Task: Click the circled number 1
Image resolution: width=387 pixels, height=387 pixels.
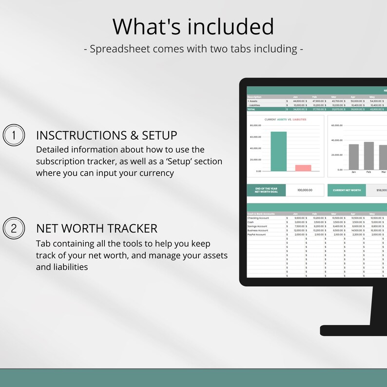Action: pyautogui.click(x=14, y=135)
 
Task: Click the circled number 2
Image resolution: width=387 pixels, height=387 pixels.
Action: pyautogui.click(x=14, y=229)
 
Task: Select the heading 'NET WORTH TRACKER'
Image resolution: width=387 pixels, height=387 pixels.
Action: pyautogui.click(x=97, y=229)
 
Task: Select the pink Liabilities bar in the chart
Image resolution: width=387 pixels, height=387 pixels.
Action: pyautogui.click(x=303, y=168)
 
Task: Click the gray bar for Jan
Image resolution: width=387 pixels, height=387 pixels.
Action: pyautogui.click(x=354, y=157)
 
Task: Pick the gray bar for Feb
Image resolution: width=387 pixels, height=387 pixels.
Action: pyautogui.click(x=369, y=156)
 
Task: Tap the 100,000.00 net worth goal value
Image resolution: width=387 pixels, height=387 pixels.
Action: pyautogui.click(x=304, y=190)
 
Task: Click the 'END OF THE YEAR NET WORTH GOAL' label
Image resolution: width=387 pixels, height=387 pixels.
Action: pyautogui.click(x=266, y=190)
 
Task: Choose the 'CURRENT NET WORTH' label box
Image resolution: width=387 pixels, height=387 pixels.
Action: pyautogui.click(x=347, y=190)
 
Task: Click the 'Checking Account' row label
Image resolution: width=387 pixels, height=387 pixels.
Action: pyautogui.click(x=258, y=218)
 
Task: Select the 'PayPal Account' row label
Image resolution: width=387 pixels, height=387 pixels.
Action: pyautogui.click(x=257, y=234)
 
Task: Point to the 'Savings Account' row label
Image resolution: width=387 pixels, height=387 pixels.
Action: pyautogui.click(x=257, y=226)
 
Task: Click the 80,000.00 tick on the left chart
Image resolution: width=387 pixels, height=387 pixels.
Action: pyautogui.click(x=255, y=125)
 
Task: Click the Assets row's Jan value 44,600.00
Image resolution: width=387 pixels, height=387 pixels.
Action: pyautogui.click(x=298, y=101)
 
